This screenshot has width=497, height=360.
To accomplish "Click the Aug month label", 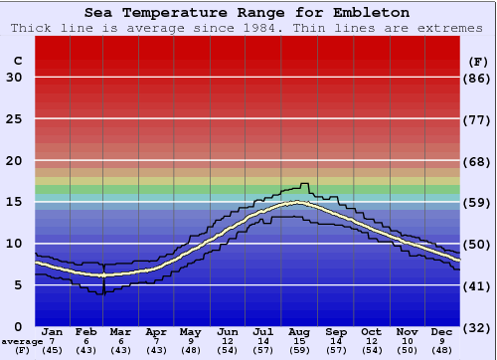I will (298, 331).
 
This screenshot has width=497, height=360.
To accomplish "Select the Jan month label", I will (53, 331).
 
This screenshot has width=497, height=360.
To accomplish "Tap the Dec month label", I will (441, 331).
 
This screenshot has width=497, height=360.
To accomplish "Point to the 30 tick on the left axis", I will (14, 78).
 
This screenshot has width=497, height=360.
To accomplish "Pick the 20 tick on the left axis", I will (14, 161).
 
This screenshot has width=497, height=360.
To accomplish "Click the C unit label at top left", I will (17, 61).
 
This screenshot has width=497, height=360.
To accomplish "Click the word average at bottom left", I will (21, 340).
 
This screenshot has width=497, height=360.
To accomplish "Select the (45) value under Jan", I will (53, 350).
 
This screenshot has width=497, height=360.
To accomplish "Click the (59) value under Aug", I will (298, 350).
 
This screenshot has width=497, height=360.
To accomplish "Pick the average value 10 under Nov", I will (407, 340).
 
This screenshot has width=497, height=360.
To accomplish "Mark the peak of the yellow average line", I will (296, 203).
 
